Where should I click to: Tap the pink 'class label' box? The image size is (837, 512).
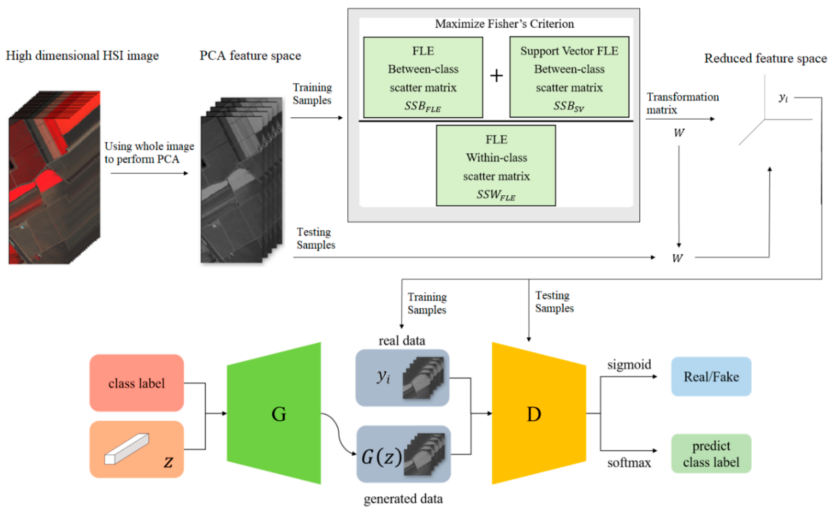pos(137,383)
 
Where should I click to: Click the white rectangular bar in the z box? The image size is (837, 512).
pos(126,449)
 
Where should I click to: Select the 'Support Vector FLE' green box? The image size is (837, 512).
pos(569,77)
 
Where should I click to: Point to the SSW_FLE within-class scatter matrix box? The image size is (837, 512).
pos(496,166)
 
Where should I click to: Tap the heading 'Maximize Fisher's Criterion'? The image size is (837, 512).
pos(504,24)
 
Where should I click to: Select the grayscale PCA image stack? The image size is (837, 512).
pos(241,180)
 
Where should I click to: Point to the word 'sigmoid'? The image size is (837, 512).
pos(629,365)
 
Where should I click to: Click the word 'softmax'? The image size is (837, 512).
pos(629,463)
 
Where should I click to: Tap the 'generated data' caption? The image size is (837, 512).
pos(403,499)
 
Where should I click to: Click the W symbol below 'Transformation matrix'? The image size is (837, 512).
pos(679,133)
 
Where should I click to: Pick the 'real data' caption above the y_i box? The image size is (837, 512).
pos(402,341)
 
